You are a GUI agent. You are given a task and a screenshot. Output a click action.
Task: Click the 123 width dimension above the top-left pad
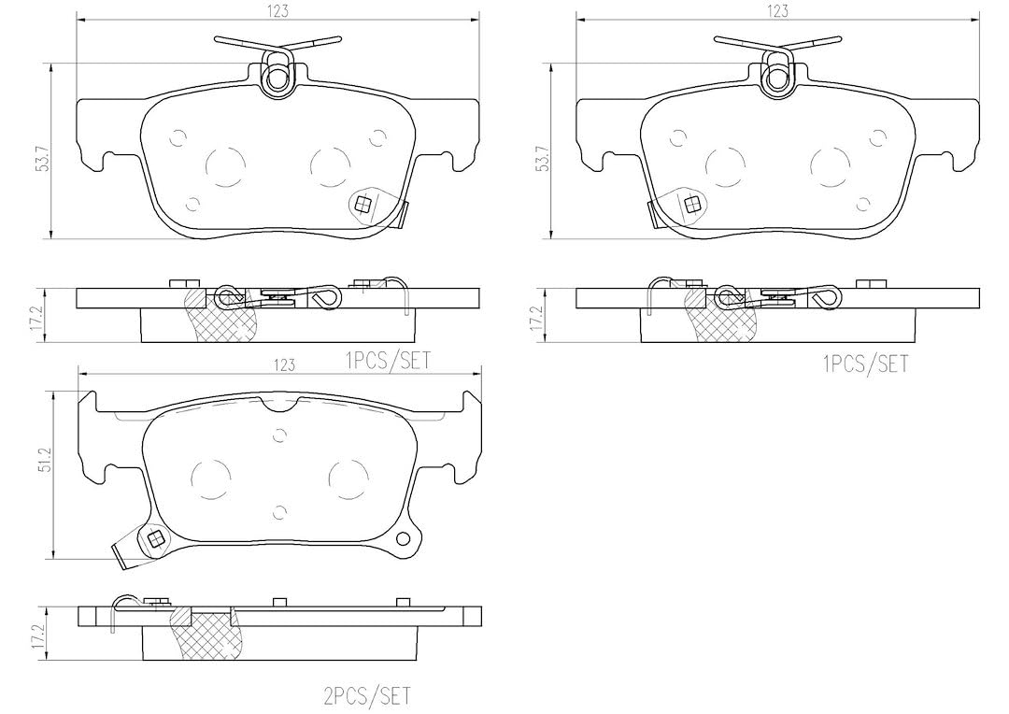[278, 10]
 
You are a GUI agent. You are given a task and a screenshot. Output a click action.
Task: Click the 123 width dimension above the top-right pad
[778, 10]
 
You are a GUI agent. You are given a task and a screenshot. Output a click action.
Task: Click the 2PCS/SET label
[367, 696]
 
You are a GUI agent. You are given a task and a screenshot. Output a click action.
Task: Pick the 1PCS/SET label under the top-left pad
[388, 361]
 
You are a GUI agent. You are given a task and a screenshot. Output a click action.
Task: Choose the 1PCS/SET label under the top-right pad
[865, 364]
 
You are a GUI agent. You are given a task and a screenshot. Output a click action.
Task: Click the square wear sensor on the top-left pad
[363, 206]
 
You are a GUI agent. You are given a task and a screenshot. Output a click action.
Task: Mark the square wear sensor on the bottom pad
[155, 538]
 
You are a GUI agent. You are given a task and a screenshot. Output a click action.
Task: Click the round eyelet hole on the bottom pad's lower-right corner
[405, 539]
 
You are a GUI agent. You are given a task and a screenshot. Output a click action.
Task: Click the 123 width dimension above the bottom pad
[283, 365]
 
